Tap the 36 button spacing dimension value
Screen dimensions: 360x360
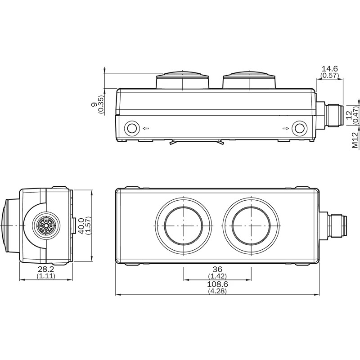(217, 269)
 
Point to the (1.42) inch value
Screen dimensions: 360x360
(217, 275)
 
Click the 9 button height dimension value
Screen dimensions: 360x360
(94, 104)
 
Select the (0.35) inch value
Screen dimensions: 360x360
(100, 104)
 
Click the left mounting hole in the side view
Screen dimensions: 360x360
(132, 128)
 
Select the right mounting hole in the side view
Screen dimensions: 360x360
(298, 128)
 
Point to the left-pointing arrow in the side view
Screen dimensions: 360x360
(146, 129)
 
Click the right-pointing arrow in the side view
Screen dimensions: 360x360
(285, 129)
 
